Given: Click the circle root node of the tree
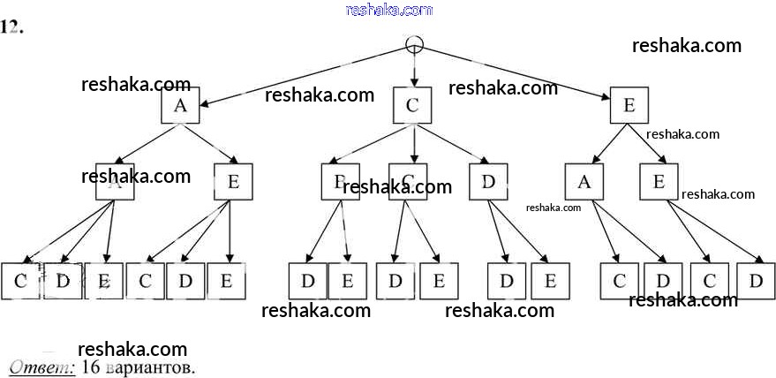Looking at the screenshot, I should click(413, 44).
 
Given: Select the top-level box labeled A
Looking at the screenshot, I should click(180, 106).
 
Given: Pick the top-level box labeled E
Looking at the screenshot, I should click(629, 106).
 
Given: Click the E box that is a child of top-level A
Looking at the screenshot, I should click(233, 182).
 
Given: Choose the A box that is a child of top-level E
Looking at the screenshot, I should click(584, 182).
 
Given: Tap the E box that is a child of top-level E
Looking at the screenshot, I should click(659, 182).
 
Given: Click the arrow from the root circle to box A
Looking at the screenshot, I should click(300, 76).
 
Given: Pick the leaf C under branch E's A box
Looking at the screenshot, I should click(619, 281).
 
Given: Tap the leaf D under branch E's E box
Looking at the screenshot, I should click(756, 281).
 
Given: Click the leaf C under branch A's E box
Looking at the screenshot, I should click(146, 281).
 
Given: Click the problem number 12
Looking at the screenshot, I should click(11, 26).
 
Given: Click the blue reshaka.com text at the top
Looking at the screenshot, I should click(389, 10).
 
